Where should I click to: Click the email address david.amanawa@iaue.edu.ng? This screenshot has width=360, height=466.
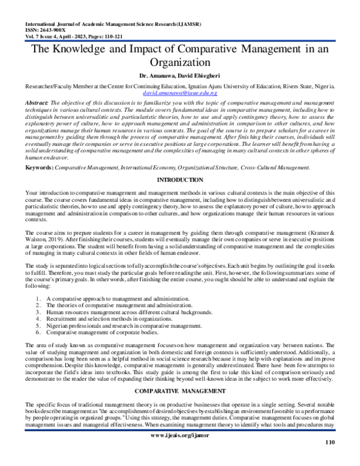[x=180, y=94]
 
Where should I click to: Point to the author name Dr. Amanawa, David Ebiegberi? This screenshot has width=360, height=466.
[x=180, y=77]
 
